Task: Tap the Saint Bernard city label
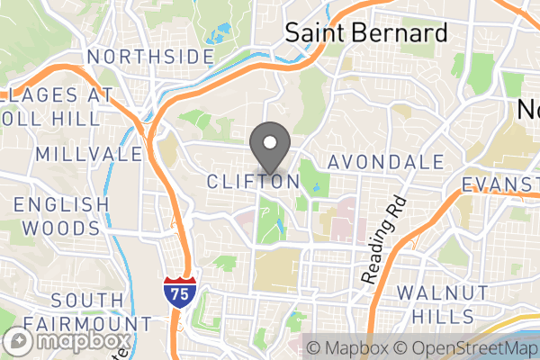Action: click(366, 33)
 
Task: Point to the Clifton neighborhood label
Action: click(253, 182)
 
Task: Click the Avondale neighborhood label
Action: click(385, 163)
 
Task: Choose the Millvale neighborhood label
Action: click(89, 154)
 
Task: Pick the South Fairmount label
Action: click(88, 310)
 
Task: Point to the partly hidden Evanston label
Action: click(499, 184)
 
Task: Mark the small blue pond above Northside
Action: click(216, 37)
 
